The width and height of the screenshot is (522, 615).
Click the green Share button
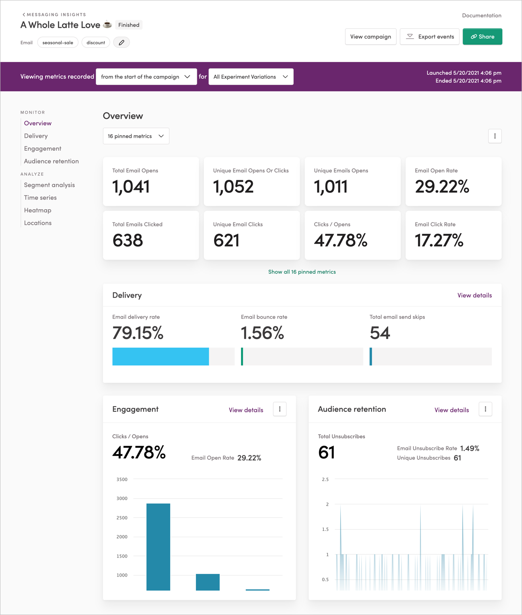(x=482, y=36)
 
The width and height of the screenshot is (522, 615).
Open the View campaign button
(x=370, y=36)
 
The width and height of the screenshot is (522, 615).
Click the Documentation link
(x=481, y=15)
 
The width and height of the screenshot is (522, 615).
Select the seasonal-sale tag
(x=58, y=42)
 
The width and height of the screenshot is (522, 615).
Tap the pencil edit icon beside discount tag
(x=121, y=42)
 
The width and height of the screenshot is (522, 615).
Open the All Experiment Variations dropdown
(x=251, y=77)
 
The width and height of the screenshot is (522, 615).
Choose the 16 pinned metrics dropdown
(x=136, y=136)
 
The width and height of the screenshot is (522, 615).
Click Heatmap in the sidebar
(x=38, y=210)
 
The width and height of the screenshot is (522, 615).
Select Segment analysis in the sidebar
(x=49, y=185)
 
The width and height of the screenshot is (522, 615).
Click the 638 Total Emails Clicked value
(x=127, y=240)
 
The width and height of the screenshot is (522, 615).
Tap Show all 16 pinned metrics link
(x=302, y=272)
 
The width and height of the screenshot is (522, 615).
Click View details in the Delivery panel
(x=474, y=295)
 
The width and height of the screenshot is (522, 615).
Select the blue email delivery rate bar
(x=160, y=357)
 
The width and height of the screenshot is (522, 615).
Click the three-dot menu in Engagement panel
(x=280, y=409)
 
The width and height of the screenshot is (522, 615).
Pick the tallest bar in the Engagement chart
(x=158, y=547)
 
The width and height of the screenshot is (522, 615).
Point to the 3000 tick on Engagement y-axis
(x=122, y=498)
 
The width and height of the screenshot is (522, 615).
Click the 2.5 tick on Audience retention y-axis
(x=325, y=479)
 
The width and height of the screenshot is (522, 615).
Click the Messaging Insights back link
(x=54, y=15)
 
